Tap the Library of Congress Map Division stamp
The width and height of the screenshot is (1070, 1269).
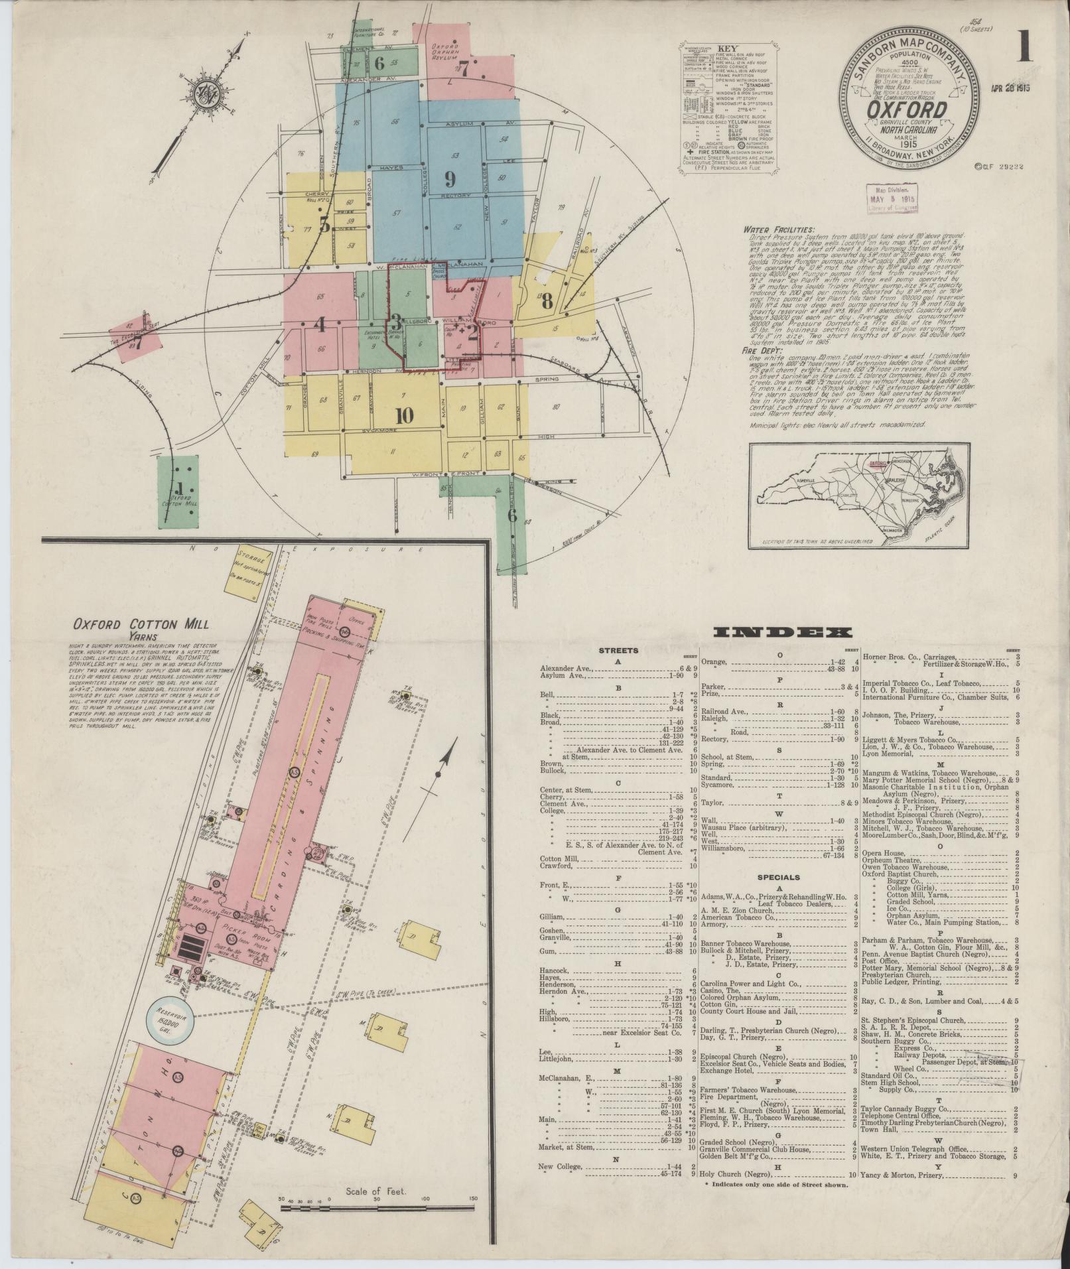pos(892,198)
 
